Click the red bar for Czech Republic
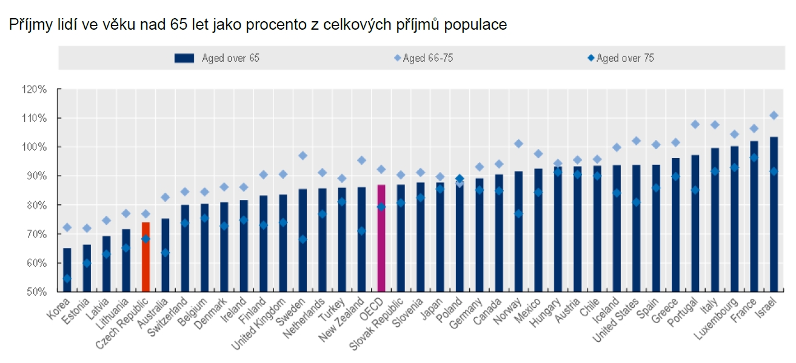coord(145,258)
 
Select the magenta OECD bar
coord(381,239)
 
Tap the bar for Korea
coord(67,270)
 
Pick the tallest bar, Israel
coord(774,215)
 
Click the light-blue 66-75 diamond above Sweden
coord(303,156)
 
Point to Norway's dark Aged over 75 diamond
coord(518,214)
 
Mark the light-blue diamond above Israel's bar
coord(774,115)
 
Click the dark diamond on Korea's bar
coord(67,279)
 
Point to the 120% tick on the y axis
coord(35,89)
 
